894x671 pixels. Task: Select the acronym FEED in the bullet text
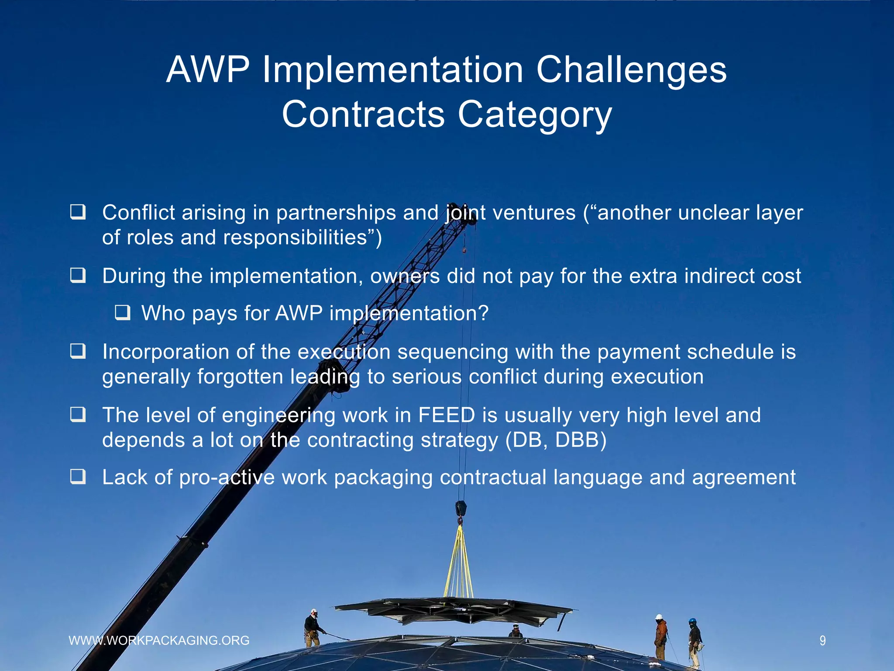446,415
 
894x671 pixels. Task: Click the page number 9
822,641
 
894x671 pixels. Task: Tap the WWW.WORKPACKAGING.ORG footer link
159,640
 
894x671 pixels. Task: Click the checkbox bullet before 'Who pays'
123,313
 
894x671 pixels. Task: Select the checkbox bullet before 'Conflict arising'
78,212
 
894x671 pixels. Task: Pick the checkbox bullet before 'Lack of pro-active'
78,477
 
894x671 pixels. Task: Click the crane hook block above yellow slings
461,509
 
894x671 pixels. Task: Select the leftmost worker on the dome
313,629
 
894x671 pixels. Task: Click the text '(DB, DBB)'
556,440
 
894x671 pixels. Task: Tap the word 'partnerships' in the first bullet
336,213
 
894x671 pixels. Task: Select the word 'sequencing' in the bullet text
453,352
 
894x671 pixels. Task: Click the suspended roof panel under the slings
454,610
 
